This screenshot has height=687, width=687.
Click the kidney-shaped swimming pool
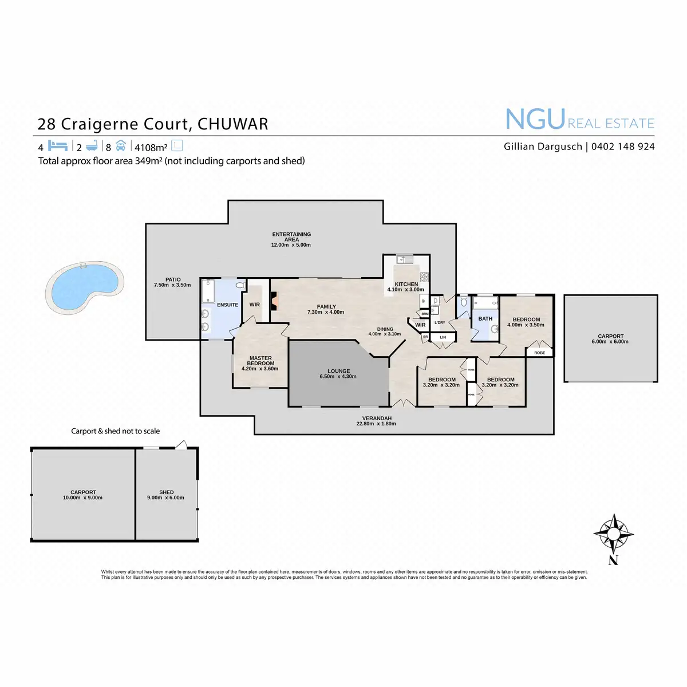(x=85, y=287)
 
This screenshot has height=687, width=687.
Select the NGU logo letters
(x=535, y=120)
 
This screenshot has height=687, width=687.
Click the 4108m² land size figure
(x=151, y=147)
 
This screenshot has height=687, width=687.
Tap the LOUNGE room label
(x=338, y=371)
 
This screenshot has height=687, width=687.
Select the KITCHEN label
(x=406, y=284)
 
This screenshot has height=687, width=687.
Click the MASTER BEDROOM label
(x=260, y=361)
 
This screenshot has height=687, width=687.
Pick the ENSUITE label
(x=227, y=305)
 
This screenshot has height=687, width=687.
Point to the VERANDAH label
(x=377, y=418)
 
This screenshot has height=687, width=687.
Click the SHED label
(x=167, y=492)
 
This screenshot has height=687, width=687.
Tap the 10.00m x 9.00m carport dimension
(x=83, y=498)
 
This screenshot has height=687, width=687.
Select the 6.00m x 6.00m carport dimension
(x=610, y=342)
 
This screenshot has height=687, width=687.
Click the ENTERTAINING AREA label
(x=291, y=236)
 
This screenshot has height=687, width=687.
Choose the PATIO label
(x=173, y=280)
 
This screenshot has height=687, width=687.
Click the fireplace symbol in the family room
(x=275, y=302)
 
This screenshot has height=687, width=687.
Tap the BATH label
(x=485, y=319)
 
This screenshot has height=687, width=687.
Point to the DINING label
(x=385, y=329)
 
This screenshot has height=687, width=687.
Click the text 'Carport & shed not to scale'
(x=115, y=431)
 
